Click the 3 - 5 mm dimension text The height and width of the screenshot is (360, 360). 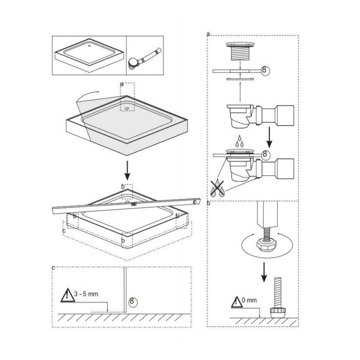pos(86,294)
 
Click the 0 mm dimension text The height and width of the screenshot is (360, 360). pos(249,300)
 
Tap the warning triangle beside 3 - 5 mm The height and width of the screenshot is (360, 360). pos(67,296)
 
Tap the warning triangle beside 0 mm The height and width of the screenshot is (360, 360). pos(236,302)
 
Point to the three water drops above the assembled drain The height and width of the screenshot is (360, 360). pos(240,141)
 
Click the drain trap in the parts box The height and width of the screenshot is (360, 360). pos(144,58)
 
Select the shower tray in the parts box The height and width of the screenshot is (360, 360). pos(89,55)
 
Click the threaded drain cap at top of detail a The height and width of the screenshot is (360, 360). pos(240,52)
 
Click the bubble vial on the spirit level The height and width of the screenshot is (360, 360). pos(133,204)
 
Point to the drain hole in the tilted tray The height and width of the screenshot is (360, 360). pos(126,108)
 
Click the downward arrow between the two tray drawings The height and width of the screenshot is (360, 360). pos(128,170)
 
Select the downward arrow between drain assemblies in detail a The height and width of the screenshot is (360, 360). pos(270,138)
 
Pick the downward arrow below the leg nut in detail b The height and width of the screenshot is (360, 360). pos(264,272)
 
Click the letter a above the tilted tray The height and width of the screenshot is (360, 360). pos(122,84)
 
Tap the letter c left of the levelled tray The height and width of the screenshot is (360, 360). pos(64,230)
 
